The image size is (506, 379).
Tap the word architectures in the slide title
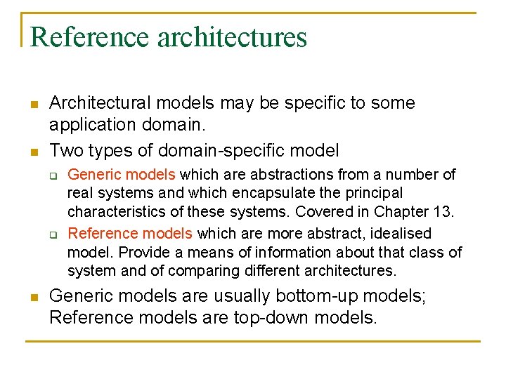(233, 36)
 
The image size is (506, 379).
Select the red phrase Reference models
(131, 233)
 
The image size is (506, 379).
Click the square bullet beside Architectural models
(32, 105)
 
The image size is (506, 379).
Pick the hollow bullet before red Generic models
(52, 175)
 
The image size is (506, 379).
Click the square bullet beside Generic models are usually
(32, 297)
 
